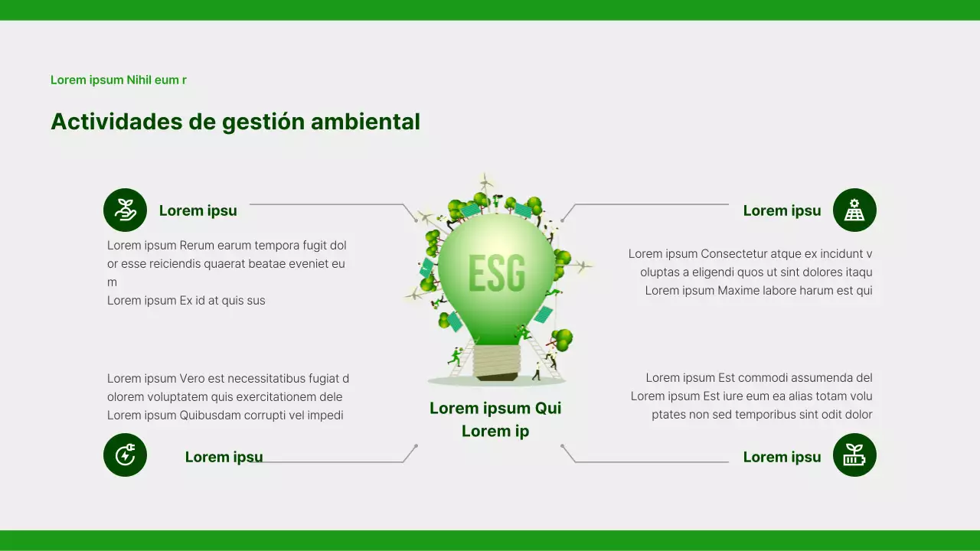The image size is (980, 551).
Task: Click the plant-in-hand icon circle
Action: click(x=125, y=210)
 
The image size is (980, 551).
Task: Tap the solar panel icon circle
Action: click(x=854, y=210)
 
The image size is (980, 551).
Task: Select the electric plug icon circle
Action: click(x=125, y=455)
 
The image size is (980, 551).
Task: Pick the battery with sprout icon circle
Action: click(x=854, y=455)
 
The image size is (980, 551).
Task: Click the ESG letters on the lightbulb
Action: click(x=496, y=273)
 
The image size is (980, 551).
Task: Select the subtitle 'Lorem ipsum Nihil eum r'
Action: click(x=119, y=80)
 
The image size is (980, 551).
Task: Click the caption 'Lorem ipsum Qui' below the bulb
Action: click(x=495, y=408)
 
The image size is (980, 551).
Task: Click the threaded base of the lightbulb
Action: click(x=496, y=360)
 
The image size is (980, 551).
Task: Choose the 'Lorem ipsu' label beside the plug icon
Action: click(x=224, y=457)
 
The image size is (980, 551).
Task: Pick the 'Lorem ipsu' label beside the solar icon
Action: click(x=782, y=210)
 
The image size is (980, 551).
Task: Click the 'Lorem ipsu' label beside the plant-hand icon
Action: click(x=198, y=210)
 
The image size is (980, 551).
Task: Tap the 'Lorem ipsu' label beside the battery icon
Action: click(x=782, y=457)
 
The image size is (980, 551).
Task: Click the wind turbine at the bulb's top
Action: click(x=485, y=182)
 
